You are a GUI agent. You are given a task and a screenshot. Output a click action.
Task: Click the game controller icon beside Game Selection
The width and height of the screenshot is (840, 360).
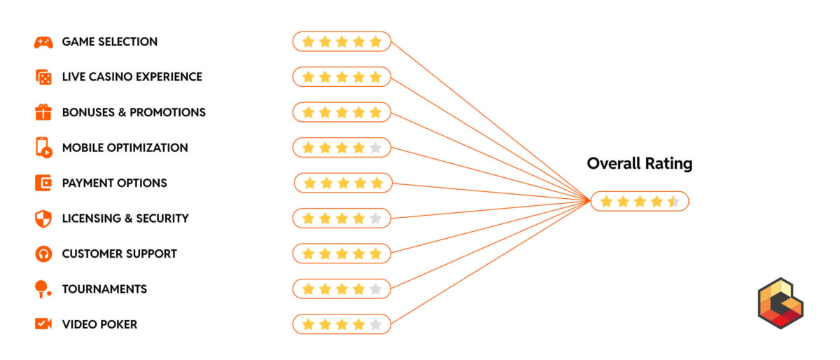click(43, 42)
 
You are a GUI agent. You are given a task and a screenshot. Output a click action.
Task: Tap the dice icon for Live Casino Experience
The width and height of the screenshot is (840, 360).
click(43, 77)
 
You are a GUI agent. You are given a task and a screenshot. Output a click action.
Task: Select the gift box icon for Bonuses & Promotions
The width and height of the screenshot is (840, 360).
click(43, 112)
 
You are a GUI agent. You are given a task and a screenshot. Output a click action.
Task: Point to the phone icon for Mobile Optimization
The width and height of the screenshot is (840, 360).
click(43, 148)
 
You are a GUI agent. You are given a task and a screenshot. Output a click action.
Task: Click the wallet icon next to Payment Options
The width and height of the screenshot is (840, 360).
click(43, 183)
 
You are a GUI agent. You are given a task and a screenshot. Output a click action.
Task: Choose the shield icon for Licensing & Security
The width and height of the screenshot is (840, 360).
click(43, 219)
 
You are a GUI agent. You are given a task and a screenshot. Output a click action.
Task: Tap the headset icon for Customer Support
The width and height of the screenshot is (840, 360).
click(43, 254)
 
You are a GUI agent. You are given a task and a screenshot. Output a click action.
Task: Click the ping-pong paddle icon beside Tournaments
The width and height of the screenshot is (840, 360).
click(43, 289)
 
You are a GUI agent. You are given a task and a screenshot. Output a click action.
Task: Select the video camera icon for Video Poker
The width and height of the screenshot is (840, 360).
click(43, 324)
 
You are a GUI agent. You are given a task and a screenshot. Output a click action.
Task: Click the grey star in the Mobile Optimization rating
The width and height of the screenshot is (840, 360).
click(375, 148)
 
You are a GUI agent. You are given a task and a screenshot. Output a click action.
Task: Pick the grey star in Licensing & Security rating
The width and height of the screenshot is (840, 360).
click(375, 219)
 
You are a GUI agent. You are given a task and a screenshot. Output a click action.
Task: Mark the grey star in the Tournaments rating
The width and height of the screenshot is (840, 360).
click(375, 289)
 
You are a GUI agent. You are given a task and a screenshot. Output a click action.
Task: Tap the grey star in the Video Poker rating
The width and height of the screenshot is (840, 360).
click(375, 324)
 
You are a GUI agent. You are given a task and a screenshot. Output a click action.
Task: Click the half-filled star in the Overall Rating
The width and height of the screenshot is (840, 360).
click(673, 202)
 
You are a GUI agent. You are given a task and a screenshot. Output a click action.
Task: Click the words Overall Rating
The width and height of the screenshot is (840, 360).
click(639, 164)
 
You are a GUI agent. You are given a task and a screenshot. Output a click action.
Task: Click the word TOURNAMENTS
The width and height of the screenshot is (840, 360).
click(104, 289)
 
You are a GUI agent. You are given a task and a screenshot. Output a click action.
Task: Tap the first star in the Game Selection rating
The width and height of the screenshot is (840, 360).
click(308, 42)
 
